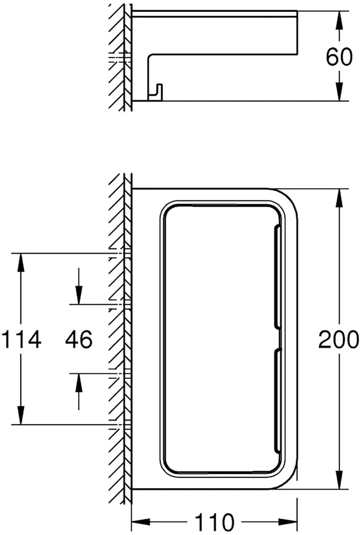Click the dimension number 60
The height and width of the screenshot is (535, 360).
pos(339,57)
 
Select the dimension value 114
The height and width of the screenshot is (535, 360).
pos(21,339)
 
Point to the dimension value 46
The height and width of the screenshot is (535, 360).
pos(78,339)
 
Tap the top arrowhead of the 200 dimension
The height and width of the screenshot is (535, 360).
pos(339,198)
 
